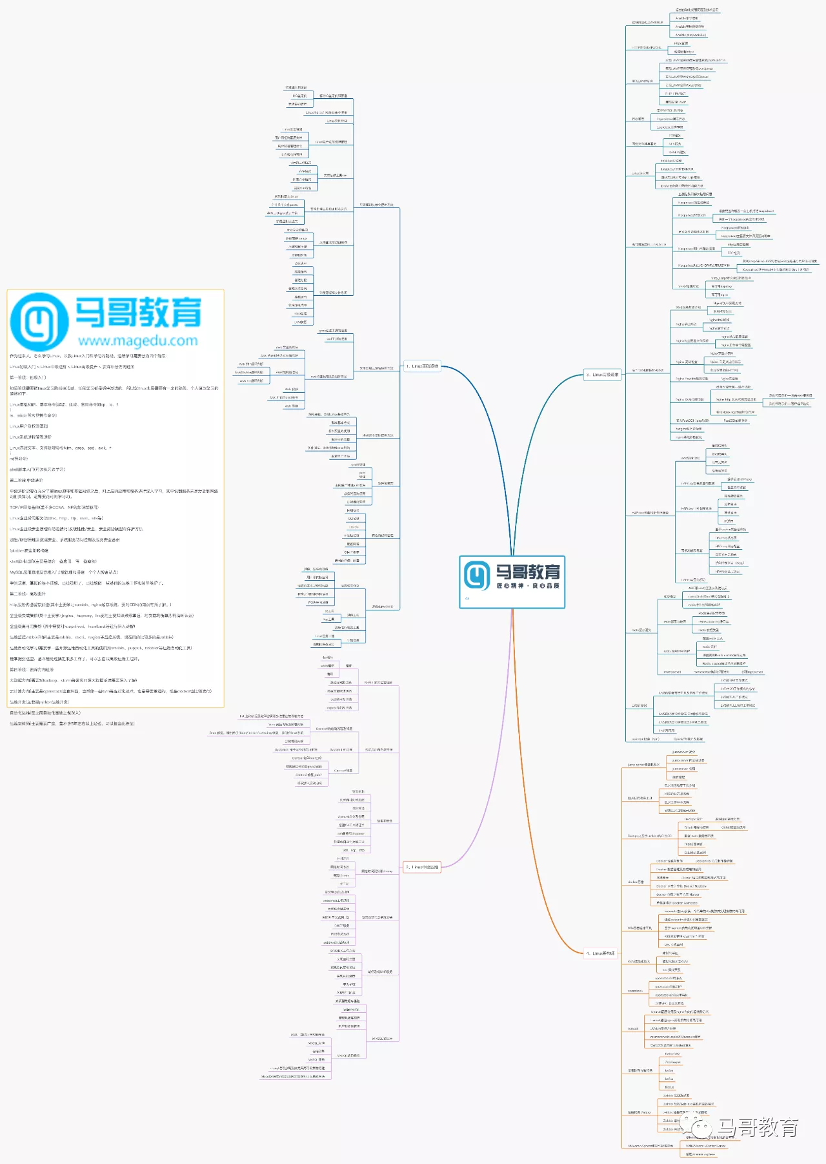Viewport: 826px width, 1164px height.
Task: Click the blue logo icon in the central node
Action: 477,575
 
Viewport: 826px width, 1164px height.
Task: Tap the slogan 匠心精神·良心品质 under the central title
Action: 527,586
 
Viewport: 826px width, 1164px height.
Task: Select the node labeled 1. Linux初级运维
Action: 422,366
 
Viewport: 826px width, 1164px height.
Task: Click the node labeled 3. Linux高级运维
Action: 602,375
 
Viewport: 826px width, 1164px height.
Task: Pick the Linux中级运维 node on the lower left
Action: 422,867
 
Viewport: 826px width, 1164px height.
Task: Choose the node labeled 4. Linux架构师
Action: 600,953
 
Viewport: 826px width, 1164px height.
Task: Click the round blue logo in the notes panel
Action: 39,321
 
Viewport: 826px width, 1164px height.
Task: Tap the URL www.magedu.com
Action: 137,340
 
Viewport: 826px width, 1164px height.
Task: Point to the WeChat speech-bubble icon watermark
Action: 700,1128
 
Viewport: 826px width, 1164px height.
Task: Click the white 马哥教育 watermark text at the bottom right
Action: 758,1128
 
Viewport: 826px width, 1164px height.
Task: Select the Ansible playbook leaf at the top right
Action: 690,35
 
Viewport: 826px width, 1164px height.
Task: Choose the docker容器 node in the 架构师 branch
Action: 636,882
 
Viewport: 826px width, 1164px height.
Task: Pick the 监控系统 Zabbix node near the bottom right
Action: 639,1112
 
